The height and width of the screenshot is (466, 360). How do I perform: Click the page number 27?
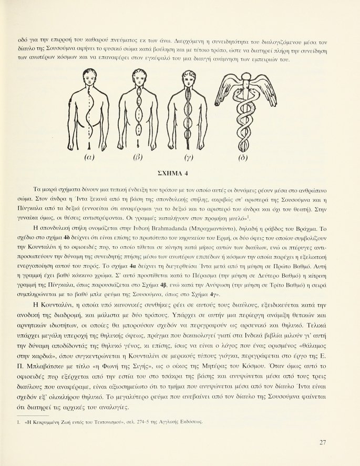click(x=324, y=442)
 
